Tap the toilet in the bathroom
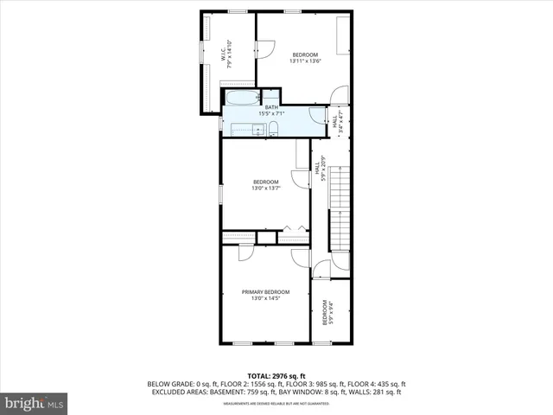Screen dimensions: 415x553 273,130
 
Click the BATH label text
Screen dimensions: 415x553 272,107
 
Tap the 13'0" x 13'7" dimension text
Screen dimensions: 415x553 265,188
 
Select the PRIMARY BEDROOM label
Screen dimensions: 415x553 265,292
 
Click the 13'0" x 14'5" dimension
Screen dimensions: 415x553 265,299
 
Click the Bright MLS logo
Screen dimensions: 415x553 34,403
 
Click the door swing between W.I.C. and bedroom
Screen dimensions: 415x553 264,48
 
